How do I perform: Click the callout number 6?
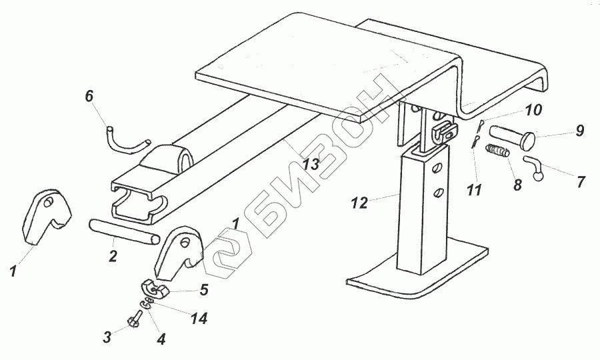(x=89, y=97)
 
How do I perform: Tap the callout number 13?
(x=310, y=165)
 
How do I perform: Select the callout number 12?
(x=359, y=203)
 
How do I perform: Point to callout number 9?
(x=579, y=131)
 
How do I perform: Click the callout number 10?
(x=533, y=109)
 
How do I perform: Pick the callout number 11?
(x=474, y=191)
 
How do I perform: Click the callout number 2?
(x=113, y=256)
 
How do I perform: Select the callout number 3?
(x=107, y=337)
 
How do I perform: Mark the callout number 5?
(x=203, y=290)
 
